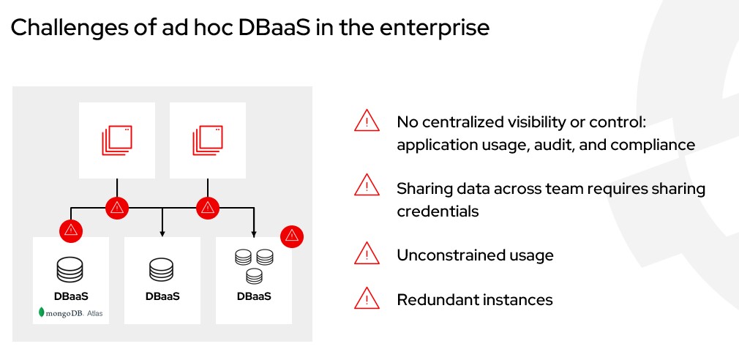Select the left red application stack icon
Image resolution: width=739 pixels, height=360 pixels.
tap(116, 140)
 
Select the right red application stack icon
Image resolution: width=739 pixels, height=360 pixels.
tap(207, 140)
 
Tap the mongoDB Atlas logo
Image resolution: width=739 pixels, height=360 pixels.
tap(71, 313)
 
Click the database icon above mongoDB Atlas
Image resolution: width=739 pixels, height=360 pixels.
tap(71, 269)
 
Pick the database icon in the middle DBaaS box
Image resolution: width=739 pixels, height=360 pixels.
tap(162, 269)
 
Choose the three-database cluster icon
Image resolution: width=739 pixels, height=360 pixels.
tap(253, 266)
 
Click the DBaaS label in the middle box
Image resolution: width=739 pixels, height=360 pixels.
tap(162, 296)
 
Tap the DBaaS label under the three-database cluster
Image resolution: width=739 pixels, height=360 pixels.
tap(253, 296)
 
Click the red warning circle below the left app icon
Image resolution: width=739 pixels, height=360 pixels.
tap(117, 208)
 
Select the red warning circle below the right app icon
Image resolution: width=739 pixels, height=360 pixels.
tap(208, 208)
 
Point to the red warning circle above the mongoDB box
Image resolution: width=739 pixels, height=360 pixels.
tap(71, 230)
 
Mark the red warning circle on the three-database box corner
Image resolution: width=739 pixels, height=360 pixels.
tap(291, 236)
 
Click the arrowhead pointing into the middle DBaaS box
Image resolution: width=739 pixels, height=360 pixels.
tap(162, 234)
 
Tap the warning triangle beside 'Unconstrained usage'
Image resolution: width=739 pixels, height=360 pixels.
tap(366, 254)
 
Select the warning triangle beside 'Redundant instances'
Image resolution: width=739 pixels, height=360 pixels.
tap(366, 299)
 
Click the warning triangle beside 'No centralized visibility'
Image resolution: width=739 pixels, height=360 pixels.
tap(366, 121)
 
